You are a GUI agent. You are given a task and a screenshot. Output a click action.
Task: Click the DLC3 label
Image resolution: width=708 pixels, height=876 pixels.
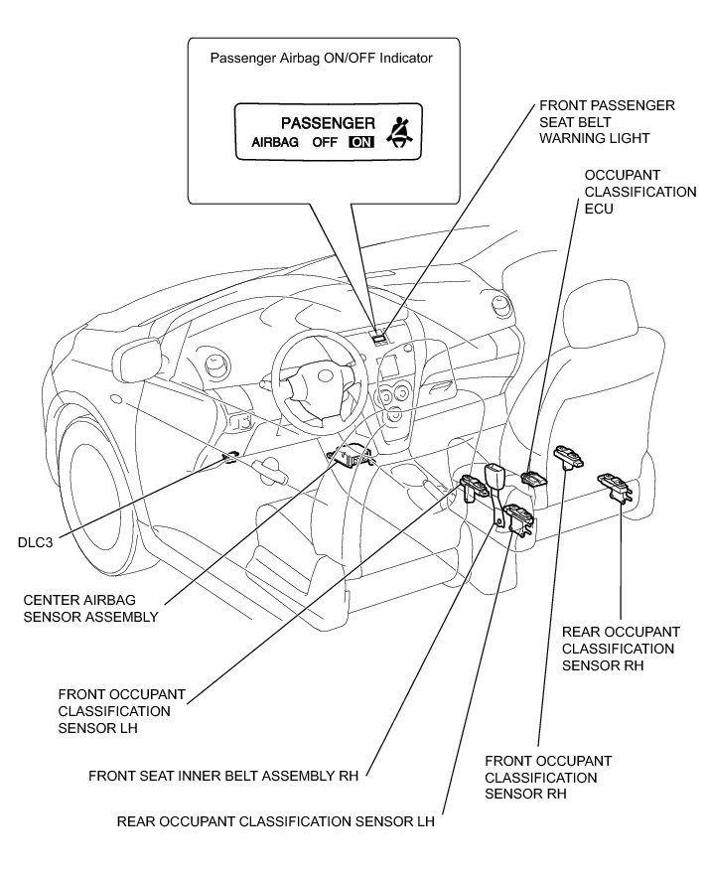[35, 542]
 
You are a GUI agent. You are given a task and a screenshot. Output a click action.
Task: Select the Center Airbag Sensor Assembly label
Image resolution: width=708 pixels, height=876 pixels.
[90, 609]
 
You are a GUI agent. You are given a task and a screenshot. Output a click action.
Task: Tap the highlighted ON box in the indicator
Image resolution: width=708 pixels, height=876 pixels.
[361, 142]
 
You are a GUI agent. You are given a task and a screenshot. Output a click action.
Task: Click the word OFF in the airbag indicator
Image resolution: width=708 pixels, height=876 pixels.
[325, 142]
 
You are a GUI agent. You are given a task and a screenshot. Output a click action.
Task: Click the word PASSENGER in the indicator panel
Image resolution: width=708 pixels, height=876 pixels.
[328, 123]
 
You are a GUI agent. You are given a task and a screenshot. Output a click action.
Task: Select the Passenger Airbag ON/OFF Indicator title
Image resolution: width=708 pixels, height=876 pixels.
[321, 58]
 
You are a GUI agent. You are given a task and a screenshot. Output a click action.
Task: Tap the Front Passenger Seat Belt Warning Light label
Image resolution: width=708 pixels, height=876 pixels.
[607, 122]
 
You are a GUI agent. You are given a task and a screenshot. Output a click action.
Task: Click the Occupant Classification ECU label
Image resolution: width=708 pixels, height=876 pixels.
[640, 192]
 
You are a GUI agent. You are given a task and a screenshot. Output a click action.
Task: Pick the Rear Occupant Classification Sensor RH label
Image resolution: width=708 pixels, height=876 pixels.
[621, 649]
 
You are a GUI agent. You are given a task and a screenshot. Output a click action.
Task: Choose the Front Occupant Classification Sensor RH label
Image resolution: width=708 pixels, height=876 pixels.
[548, 777]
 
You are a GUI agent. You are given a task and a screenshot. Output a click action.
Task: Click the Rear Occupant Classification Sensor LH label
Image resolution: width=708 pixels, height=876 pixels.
[275, 821]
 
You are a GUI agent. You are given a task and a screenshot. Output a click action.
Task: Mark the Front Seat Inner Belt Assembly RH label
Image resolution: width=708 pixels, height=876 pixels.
[223, 776]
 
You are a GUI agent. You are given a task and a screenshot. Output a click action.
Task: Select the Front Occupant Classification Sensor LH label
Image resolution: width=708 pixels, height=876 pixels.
[122, 711]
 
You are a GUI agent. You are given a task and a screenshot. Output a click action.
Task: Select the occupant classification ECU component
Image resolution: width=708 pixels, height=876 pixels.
[534, 479]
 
